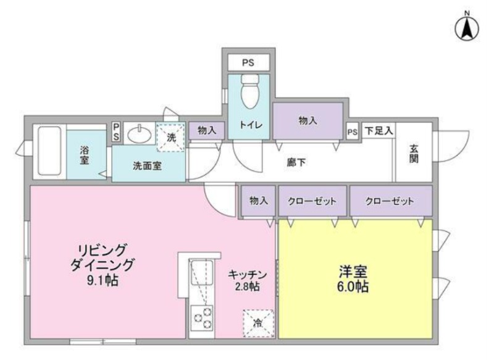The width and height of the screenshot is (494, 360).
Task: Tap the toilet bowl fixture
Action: (250, 91)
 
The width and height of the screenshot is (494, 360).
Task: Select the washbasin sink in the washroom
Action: (139, 134)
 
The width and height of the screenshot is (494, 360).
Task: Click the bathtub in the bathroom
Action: (49, 151)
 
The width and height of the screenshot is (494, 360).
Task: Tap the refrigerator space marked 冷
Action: (258, 324)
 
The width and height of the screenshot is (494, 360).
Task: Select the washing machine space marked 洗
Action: (171, 138)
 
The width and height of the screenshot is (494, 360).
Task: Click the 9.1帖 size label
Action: (103, 280)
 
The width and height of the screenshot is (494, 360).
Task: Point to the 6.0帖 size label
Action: (353, 287)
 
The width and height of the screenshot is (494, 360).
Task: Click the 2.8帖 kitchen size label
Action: (248, 287)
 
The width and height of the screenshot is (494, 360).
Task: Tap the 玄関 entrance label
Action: (414, 154)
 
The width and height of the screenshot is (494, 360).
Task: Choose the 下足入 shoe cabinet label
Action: (379, 131)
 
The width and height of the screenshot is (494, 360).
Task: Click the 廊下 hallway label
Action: (296, 162)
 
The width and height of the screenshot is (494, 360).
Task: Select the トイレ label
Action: (251, 125)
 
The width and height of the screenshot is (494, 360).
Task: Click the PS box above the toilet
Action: (249, 62)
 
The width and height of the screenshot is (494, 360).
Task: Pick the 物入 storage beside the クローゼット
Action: (258, 201)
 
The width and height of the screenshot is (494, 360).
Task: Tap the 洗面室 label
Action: (147, 165)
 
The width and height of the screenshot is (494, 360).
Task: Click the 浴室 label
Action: (84, 155)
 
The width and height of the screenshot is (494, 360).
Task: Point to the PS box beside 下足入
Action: (353, 132)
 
